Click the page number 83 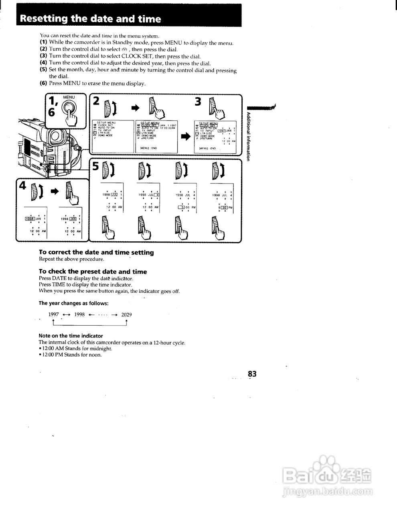(252, 374)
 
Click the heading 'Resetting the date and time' (90, 19)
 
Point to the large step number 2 (96, 101)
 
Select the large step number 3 (198, 102)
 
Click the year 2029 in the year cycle (126, 314)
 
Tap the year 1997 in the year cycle (53, 314)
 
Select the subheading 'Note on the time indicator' (71, 336)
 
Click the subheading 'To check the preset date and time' (93, 271)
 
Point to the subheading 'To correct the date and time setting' (96, 252)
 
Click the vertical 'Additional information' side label (249, 137)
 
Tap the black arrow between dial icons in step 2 (135, 107)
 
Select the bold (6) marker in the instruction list (43, 83)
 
